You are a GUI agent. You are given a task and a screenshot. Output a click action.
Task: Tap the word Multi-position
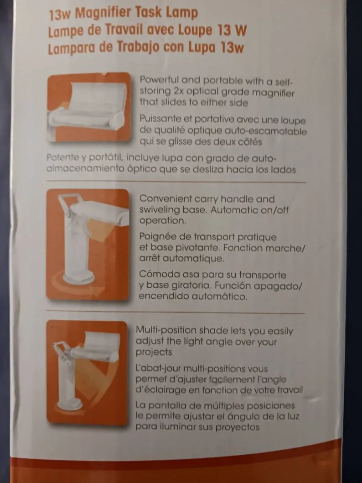point(166,331)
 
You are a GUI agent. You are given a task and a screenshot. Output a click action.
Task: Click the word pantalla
point(165,405)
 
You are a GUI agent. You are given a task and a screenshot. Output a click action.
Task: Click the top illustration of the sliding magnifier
point(89,107)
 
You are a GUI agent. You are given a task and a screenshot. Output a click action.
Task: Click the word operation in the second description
point(162,221)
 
